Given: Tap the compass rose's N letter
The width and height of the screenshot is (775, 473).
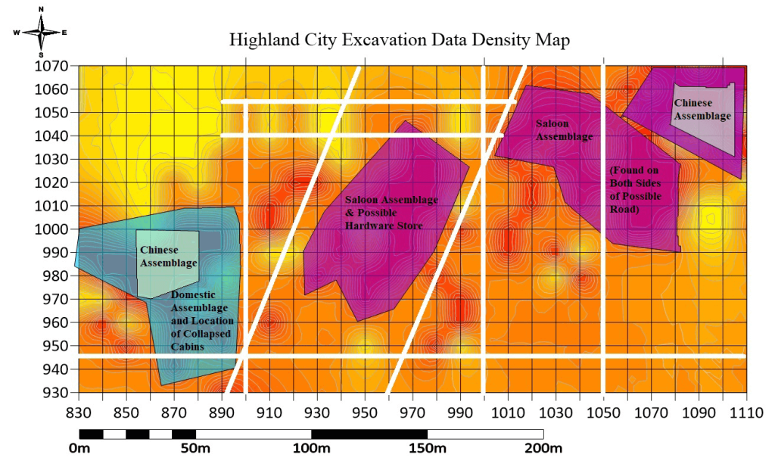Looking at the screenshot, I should pyautogui.click(x=41, y=9).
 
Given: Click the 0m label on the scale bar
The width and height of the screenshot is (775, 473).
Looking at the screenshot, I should pyautogui.click(x=79, y=450).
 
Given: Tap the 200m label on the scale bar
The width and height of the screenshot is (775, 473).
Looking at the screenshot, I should pyautogui.click(x=543, y=450).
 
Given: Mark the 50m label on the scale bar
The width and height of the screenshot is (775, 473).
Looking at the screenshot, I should pyautogui.click(x=195, y=450).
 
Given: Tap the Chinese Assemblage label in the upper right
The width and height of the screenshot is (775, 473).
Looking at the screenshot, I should pyautogui.click(x=702, y=109).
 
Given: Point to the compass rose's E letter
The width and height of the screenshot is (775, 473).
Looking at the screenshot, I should pyautogui.click(x=65, y=33).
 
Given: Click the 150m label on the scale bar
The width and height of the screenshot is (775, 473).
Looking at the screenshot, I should pyautogui.click(x=428, y=450).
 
